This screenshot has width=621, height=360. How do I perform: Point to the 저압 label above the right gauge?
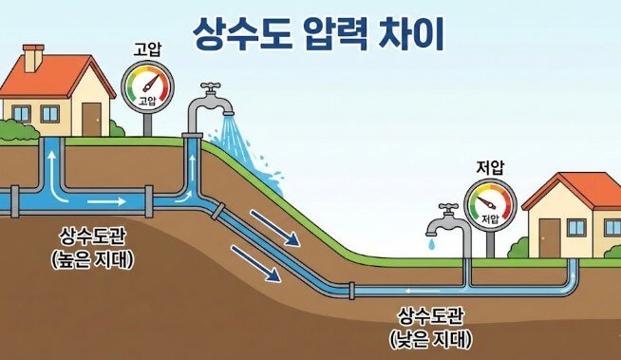(x=490, y=169)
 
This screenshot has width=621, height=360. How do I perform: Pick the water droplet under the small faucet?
(x=432, y=244)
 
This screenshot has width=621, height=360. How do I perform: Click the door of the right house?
(x=550, y=237)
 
